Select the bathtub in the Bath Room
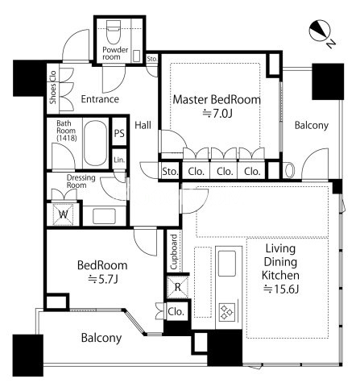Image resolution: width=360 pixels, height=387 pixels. point(95,143)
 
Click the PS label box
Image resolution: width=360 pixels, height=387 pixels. point(119,133)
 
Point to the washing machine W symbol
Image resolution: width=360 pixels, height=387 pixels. point(63,214)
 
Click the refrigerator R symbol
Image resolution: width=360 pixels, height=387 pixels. point(177,287)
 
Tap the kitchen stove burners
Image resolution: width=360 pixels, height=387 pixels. point(227,312)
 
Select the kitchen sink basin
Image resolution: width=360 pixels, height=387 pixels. point(227,264)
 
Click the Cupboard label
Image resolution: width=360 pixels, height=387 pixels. point(174,252)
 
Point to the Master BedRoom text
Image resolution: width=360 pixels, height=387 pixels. point(217,99)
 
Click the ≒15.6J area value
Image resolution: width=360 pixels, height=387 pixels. point(281,289)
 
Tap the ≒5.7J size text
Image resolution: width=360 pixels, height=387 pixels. point(103,280)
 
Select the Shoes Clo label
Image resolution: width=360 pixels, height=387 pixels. point(53,87)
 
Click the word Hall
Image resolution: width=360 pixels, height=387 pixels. point(143,125)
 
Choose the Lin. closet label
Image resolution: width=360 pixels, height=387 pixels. point(119,160)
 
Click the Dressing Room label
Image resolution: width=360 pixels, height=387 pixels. point(81,181)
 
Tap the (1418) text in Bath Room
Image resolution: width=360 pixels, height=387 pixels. point(67,138)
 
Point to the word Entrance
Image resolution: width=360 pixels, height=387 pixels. point(100,99)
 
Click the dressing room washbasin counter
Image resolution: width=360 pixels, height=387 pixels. point(104,216)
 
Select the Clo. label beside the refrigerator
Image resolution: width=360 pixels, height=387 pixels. point(176,312)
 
